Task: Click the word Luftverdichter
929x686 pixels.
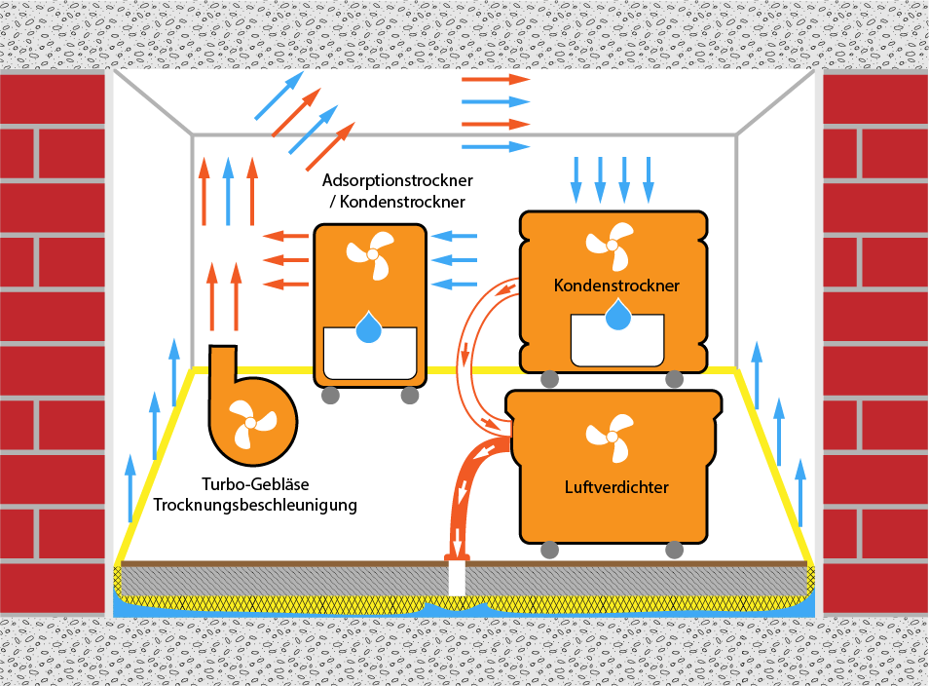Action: [x=615, y=487]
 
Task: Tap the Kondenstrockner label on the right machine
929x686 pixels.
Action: [x=615, y=286]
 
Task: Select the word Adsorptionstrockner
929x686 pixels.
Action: [x=397, y=181]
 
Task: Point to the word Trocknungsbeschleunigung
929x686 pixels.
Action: [x=255, y=506]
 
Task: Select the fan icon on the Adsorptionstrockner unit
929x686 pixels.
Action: [x=370, y=255]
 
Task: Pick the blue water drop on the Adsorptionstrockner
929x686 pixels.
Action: [x=369, y=327]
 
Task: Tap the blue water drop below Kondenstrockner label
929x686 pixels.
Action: [x=616, y=314]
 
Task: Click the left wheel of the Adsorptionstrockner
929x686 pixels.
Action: [x=329, y=396]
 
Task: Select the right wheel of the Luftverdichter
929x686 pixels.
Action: [x=673, y=551]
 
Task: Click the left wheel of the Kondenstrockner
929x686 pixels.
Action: [x=550, y=380]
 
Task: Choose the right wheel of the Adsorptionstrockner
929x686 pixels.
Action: [x=410, y=396]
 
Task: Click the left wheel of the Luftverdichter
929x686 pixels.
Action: [x=550, y=551]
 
